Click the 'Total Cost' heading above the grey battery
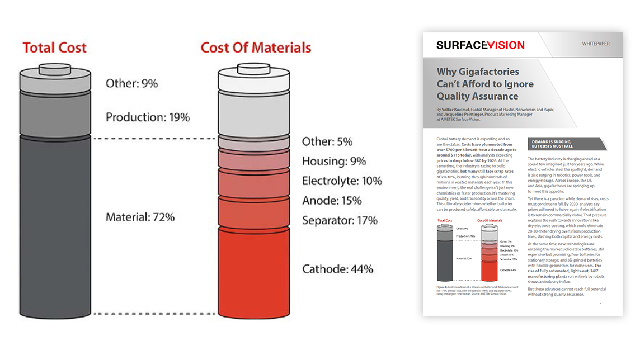55,48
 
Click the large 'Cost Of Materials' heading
256,48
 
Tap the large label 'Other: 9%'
132,84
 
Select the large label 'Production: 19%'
148,117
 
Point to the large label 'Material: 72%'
140,216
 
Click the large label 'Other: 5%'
327,142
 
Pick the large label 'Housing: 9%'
334,162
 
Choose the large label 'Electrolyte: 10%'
342,181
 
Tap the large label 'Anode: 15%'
332,201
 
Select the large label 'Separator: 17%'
340,220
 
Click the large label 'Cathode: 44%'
337,269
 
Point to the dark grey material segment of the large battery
54,224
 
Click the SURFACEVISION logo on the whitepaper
480,45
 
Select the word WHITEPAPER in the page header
596,44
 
